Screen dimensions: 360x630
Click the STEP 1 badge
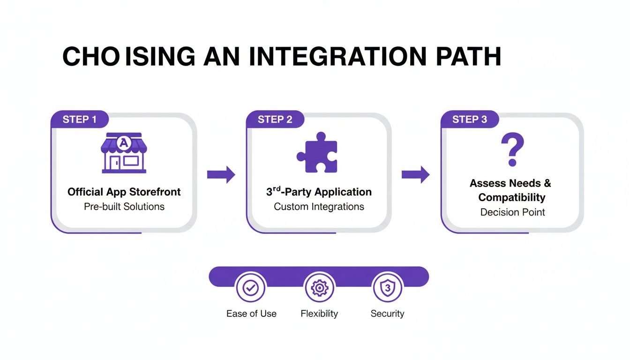click(x=79, y=119)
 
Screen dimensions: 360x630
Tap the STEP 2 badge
click(x=275, y=119)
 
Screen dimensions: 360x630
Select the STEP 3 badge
click(x=469, y=119)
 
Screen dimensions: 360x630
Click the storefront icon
click(x=124, y=153)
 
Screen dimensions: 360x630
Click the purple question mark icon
click(x=512, y=150)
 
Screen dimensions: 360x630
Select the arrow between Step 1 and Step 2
click(x=221, y=174)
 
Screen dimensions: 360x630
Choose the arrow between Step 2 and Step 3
click(x=415, y=174)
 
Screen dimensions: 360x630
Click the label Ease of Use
click(x=251, y=314)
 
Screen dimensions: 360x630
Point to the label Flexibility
click(x=319, y=314)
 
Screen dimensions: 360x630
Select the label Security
click(x=387, y=314)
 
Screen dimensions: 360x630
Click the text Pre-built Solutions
click(x=124, y=206)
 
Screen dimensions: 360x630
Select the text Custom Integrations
click(x=319, y=206)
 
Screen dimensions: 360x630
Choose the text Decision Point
click(x=512, y=212)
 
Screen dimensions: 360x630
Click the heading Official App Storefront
click(x=124, y=192)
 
